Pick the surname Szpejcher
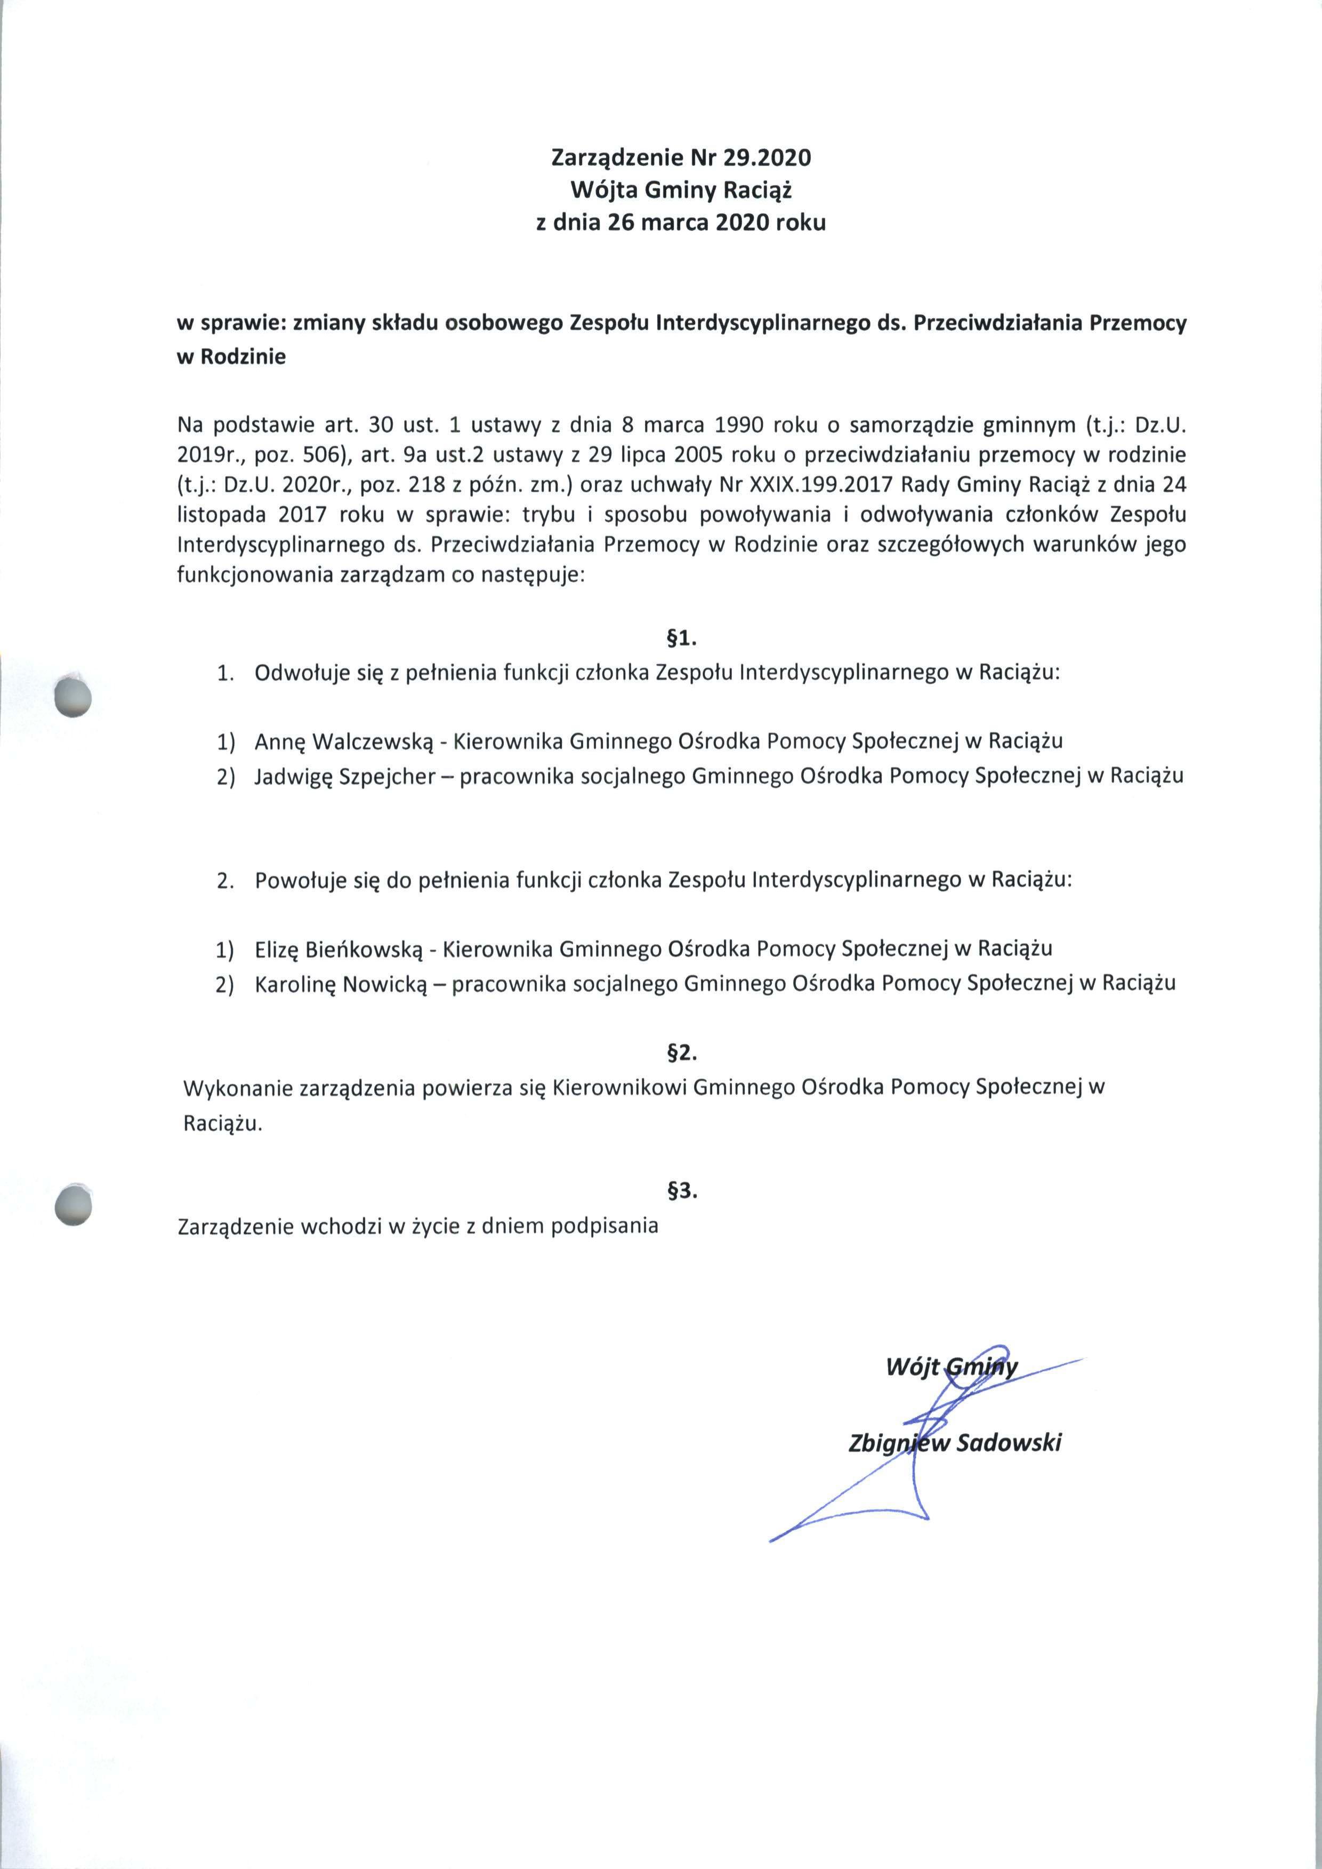(396, 776)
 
